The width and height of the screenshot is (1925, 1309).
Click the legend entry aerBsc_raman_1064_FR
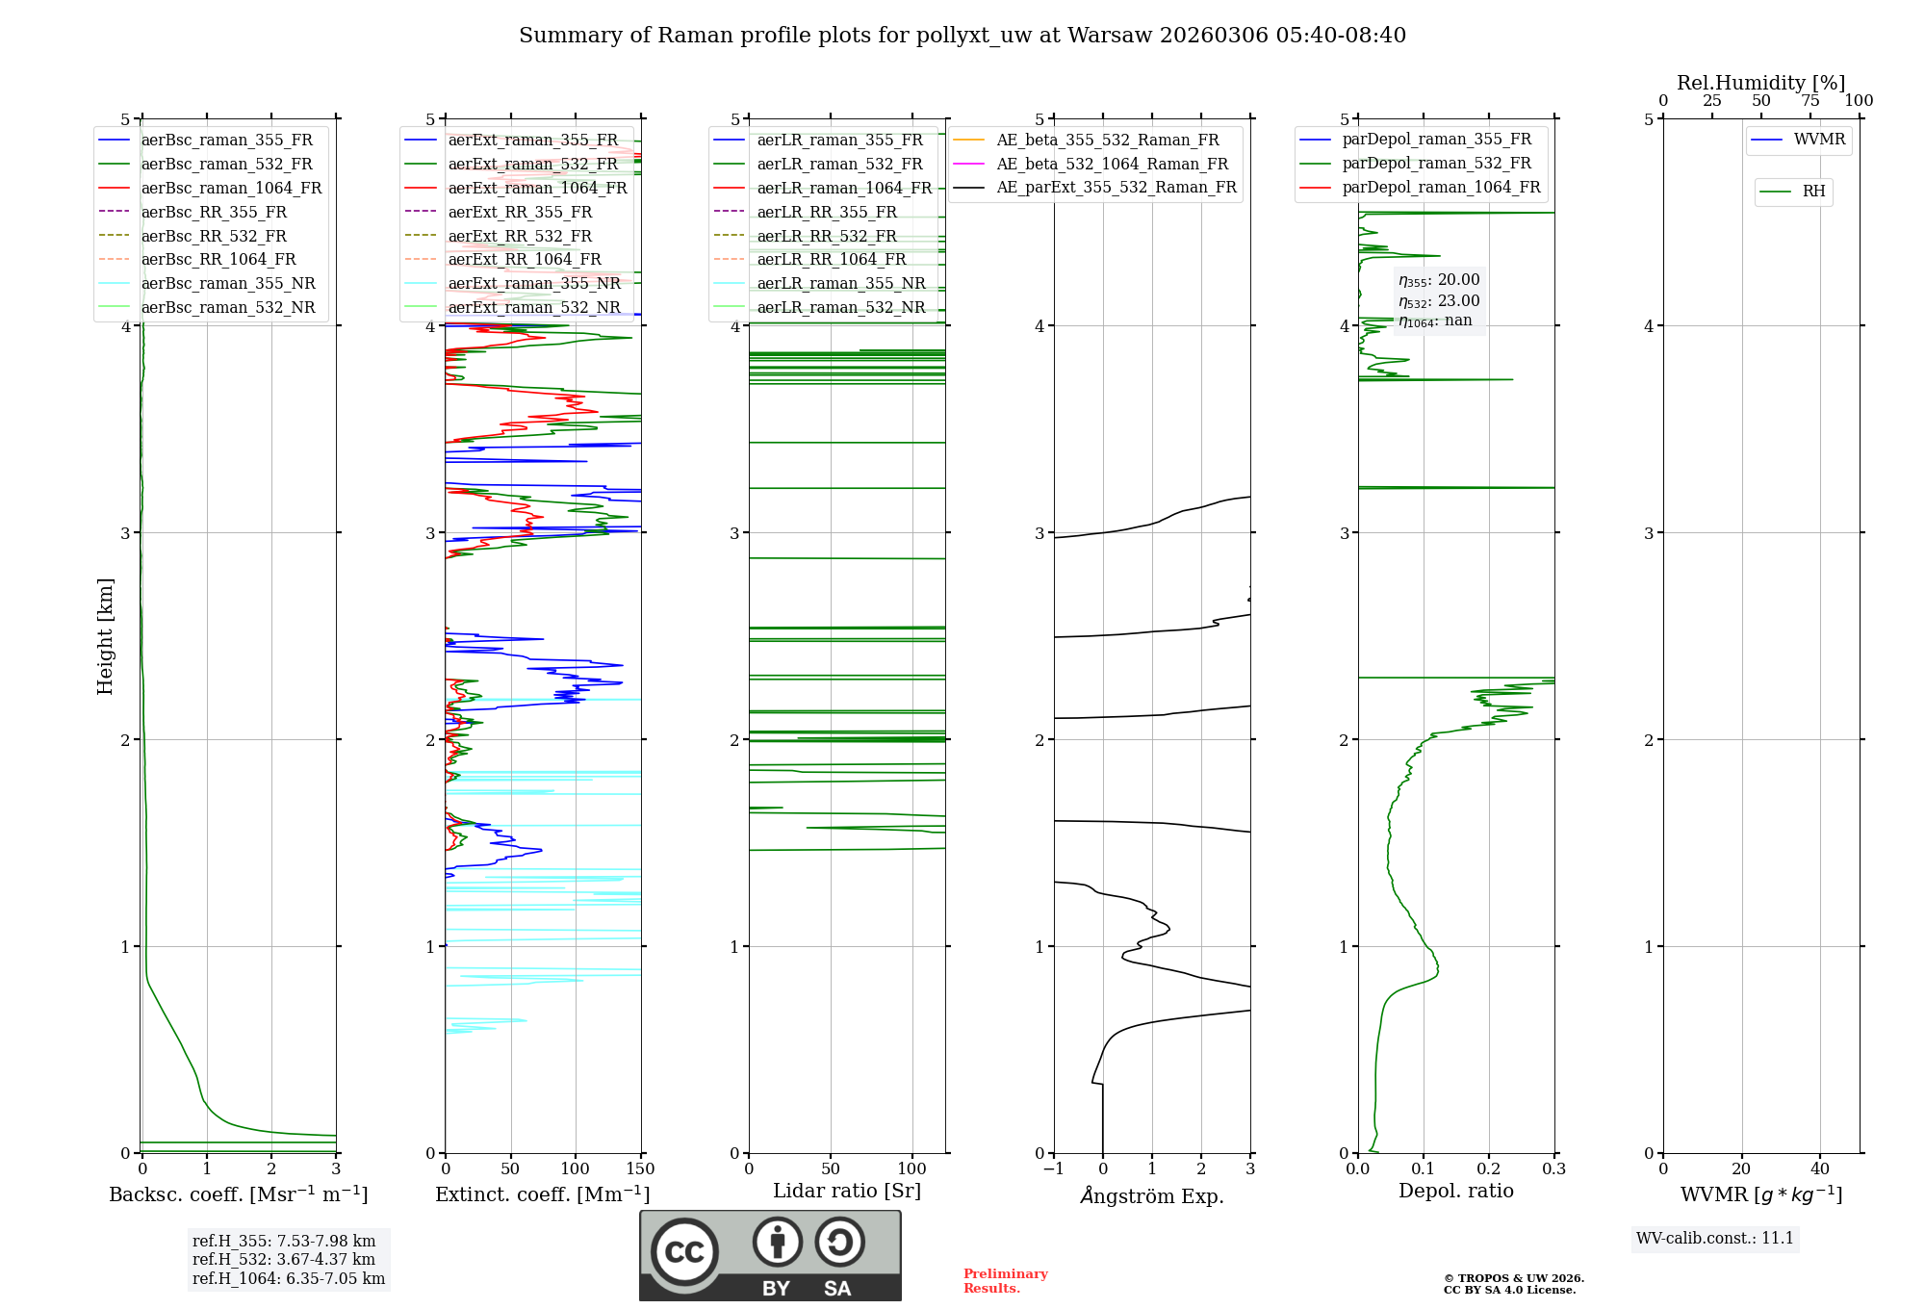231,189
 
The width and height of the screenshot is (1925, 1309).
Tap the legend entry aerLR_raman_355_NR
840,284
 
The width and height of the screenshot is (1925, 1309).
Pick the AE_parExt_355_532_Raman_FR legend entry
1116,188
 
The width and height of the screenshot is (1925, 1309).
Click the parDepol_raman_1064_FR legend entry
1441,188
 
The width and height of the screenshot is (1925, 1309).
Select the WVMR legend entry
1819,141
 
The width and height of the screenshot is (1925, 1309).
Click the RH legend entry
1813,192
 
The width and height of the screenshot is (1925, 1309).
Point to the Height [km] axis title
105,636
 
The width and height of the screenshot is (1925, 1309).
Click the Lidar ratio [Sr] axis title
847,1192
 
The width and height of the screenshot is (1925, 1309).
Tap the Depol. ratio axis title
1455,1192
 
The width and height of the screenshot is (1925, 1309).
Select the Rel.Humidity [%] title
1760,83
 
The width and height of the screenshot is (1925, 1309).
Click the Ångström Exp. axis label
1152,1196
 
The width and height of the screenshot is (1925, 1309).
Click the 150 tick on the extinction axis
640,1169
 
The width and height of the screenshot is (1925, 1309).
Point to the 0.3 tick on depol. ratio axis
1553,1169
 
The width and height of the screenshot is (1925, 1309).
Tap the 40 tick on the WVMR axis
1819,1169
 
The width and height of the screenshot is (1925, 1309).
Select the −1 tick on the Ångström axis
1053,1169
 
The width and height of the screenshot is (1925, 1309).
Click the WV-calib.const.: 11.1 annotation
1715,1239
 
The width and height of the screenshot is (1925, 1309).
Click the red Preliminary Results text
1005,1281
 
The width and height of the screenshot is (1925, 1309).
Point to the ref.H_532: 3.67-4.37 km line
284,1260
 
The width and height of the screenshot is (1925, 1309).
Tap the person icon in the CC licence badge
777,1243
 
